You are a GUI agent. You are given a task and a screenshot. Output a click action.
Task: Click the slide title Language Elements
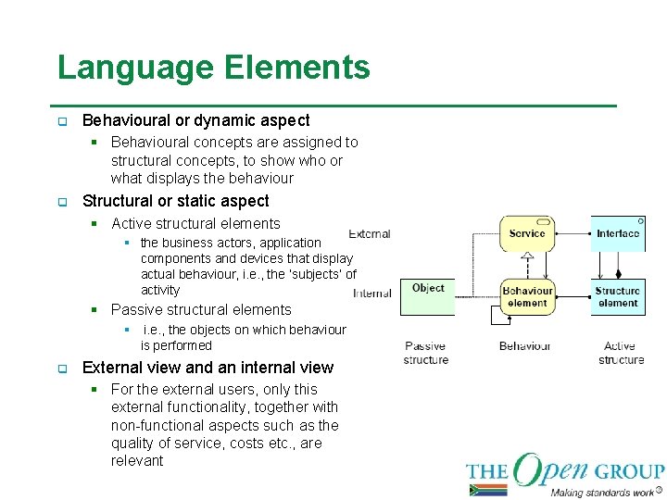click(213, 68)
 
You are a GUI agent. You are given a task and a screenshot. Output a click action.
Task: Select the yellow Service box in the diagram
click(527, 233)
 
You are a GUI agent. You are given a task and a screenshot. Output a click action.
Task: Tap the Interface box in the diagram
click(617, 233)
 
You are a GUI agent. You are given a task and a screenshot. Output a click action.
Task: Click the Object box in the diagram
click(428, 289)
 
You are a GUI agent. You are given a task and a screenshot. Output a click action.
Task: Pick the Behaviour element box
click(527, 296)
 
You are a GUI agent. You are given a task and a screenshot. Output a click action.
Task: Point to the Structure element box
click(617, 296)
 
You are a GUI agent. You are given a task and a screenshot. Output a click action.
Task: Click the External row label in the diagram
click(370, 234)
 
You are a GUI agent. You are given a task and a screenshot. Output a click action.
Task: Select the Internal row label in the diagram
click(371, 294)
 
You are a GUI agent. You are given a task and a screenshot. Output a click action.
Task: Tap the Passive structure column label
click(425, 353)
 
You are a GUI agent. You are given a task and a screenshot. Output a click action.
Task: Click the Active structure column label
click(620, 353)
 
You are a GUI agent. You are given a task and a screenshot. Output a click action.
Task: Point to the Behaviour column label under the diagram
click(524, 346)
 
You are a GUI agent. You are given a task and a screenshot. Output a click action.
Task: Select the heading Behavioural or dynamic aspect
click(195, 120)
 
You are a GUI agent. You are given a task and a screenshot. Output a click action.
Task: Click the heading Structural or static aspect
click(175, 201)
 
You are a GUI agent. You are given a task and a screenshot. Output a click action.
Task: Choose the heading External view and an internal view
click(208, 368)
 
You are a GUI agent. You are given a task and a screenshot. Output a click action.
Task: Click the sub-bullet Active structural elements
click(195, 223)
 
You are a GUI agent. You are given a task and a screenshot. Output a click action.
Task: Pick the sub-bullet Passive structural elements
click(201, 309)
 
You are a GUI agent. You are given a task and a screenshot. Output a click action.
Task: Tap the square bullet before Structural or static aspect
click(62, 202)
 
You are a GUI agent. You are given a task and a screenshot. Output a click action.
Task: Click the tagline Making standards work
click(602, 492)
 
